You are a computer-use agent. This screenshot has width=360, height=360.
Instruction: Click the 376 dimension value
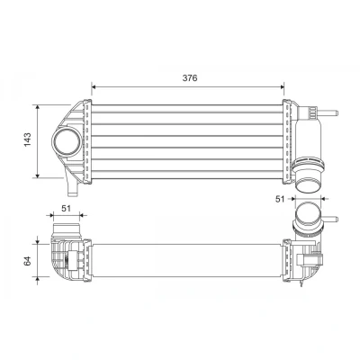(190, 78)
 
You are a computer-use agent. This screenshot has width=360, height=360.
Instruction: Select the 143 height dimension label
(27, 139)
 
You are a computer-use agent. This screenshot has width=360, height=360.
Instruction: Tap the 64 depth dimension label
(27, 261)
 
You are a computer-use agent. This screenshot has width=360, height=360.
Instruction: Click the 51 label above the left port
(66, 208)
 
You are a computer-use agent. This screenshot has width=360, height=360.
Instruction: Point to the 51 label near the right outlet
(280, 199)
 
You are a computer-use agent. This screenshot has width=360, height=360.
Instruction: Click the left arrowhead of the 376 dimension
(94, 87)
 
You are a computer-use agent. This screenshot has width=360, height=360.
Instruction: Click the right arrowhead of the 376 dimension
(282, 87)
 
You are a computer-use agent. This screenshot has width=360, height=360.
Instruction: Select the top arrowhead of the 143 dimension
(37, 107)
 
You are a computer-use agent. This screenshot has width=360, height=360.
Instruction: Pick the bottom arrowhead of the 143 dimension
(37, 175)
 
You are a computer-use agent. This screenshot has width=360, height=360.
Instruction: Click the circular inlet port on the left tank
(67, 141)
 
